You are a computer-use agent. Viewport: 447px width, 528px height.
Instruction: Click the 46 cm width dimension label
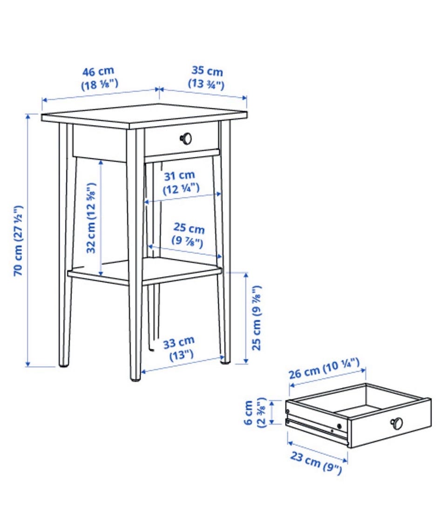(99, 78)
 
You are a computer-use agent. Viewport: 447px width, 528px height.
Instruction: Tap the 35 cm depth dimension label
(206, 77)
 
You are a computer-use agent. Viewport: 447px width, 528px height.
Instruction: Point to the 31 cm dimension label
(181, 182)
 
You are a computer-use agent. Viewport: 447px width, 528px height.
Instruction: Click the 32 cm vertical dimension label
(91, 218)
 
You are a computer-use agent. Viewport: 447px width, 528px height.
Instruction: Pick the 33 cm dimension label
(178, 349)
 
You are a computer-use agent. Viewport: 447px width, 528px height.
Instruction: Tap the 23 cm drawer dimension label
(316, 463)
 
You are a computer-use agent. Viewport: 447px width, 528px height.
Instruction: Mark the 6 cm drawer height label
(255, 413)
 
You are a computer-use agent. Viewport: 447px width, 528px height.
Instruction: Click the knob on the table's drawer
(186, 138)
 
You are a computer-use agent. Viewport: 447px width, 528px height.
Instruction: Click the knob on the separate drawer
(397, 423)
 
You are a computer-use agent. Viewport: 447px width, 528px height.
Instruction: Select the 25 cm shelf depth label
(188, 235)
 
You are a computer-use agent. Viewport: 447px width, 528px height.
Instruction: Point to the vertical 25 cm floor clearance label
(257, 318)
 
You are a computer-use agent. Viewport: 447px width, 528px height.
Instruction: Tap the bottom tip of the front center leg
(136, 380)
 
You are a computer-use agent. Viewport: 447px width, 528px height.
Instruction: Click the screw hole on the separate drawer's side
(339, 426)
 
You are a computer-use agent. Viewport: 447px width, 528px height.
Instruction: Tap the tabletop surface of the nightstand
(144, 116)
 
